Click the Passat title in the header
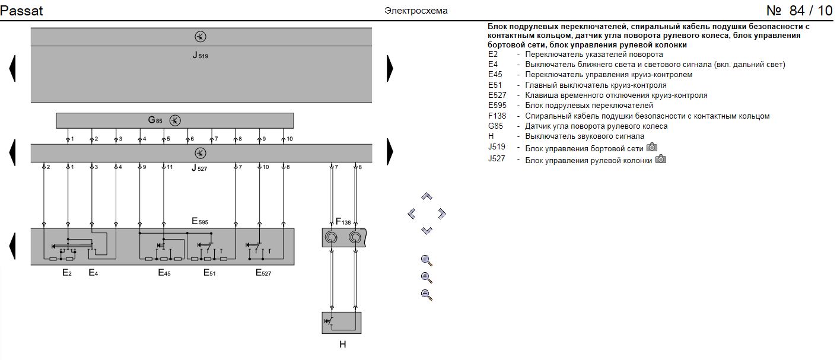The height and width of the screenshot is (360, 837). pos(21,11)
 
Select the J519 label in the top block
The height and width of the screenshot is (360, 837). pos(201,56)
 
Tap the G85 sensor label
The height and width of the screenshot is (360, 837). pos(155,120)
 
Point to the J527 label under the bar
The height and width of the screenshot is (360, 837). pos(200,168)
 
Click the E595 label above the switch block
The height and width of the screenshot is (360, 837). pos(200,221)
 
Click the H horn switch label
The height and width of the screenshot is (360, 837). pos(342,344)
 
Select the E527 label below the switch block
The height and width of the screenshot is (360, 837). pos(263,273)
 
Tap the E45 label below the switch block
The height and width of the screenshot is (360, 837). pos(164,273)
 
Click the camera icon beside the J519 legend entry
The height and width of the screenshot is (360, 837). pos(652,147)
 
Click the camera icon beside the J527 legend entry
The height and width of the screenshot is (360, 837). pos(661,159)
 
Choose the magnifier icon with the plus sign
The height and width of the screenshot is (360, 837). pos(426,277)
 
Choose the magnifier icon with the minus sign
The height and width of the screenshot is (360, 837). pos(426,294)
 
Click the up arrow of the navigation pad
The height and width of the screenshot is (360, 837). pos(427,196)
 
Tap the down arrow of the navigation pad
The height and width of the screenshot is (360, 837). pos(427,230)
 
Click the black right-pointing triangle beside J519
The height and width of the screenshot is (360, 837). pos(390,68)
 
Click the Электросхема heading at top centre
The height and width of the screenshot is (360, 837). pos(416,11)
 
